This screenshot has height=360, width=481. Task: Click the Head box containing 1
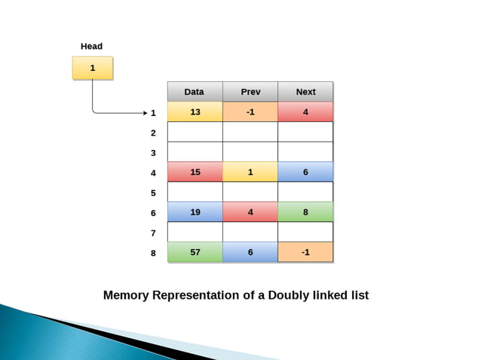92,68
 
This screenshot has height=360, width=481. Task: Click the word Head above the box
91,47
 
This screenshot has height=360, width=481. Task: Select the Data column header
195,92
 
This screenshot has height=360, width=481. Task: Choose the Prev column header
250,92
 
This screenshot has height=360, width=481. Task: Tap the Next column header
305,92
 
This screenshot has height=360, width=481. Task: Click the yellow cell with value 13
195,112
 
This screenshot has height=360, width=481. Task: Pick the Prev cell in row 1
250,112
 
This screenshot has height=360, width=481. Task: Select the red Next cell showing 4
305,112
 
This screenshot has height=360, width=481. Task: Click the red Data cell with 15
195,172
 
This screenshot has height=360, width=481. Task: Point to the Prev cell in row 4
250,172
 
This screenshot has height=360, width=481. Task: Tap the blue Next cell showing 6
305,172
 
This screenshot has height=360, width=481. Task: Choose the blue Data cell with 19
195,212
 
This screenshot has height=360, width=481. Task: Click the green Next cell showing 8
305,212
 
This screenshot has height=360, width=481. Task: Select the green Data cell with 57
195,252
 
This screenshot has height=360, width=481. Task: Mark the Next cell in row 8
305,252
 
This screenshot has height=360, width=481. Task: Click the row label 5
153,193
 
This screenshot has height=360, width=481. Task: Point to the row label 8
153,253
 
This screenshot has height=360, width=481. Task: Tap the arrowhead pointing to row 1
145,113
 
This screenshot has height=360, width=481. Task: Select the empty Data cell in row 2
195,132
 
